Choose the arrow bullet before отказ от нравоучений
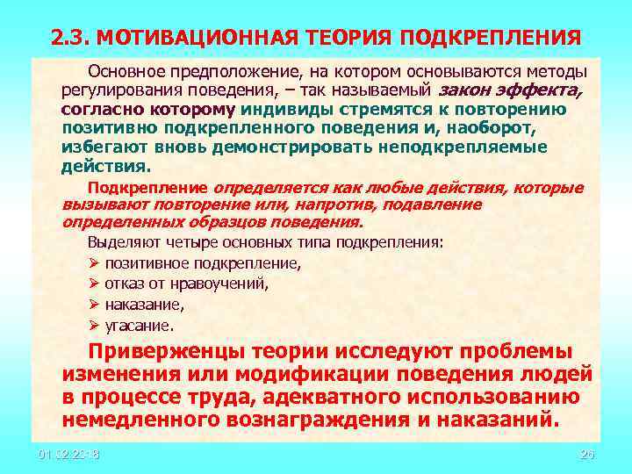pos(94,284)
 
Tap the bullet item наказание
pos(145,305)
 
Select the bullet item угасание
pos(140,325)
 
